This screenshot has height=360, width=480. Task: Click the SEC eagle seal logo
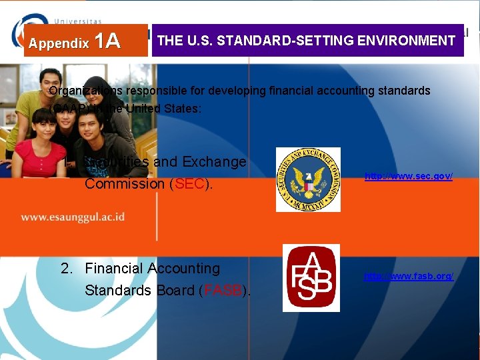click(308, 179)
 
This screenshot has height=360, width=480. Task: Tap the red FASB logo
click(311, 278)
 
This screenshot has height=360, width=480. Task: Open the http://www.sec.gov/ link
click(408, 176)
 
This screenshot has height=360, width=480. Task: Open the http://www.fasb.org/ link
click(408, 276)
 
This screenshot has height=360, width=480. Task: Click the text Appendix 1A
click(74, 42)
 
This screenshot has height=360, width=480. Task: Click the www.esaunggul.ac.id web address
click(73, 217)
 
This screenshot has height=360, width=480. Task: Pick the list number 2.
click(65, 269)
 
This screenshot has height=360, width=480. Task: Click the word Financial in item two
click(113, 269)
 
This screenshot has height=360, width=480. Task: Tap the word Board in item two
click(176, 291)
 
